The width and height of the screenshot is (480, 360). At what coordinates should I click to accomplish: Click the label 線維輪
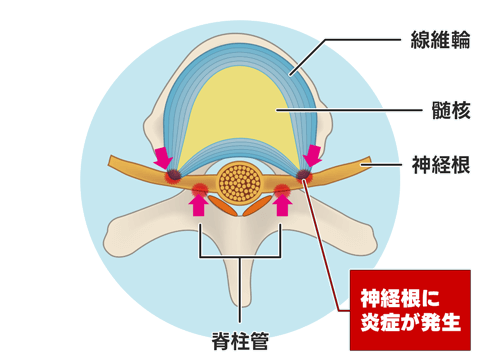tap(440, 41)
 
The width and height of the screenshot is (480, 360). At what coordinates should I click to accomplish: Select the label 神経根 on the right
tap(440, 164)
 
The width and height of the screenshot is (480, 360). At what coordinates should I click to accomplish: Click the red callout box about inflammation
tap(409, 309)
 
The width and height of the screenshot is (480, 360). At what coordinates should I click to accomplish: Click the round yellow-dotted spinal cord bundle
tap(240, 183)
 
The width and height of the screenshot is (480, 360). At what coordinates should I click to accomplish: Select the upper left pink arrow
tap(163, 158)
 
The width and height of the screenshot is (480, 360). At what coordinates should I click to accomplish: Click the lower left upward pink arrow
tap(198, 204)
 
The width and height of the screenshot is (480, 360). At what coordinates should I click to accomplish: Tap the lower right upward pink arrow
tap(283, 204)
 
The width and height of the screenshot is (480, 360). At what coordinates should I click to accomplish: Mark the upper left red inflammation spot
tap(173, 175)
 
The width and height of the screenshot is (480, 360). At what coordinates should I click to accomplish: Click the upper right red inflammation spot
tap(303, 175)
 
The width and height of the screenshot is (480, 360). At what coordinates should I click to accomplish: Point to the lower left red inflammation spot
tap(200, 187)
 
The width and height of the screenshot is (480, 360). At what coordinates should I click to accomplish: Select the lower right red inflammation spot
tap(282, 187)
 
